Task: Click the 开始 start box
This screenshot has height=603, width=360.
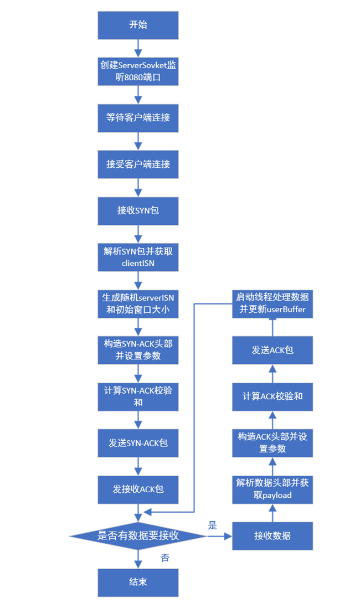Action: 138,25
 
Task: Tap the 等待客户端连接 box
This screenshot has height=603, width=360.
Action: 138,118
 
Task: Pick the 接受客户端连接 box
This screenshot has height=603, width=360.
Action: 138,164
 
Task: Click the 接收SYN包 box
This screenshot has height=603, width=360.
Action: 138,211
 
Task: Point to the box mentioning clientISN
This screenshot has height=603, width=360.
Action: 138,257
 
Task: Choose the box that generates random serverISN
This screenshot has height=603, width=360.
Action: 138,304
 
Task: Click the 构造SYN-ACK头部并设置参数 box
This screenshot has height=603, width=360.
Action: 138,350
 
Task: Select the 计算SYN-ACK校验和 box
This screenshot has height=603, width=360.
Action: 138,396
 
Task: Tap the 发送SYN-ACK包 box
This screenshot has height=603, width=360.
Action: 138,443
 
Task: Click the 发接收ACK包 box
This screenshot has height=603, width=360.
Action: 138,489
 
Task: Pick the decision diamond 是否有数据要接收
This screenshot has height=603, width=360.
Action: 138,535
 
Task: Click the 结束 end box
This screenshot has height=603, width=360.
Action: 138,582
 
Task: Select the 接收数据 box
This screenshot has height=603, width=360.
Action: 272,535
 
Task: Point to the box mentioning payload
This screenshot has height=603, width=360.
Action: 272,489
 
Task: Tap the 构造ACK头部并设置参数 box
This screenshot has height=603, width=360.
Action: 272,443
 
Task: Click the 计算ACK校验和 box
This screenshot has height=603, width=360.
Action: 272,396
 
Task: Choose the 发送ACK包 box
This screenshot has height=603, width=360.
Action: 272,350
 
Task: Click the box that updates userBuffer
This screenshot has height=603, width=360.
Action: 272,304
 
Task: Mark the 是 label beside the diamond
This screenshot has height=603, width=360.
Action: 213,525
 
